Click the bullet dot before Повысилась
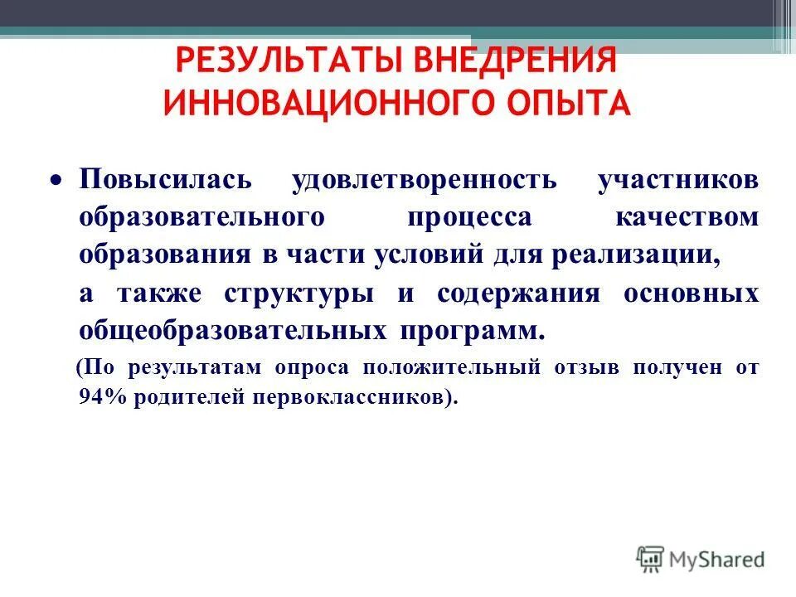tap(56, 181)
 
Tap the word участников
tap(677, 181)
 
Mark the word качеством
tap(687, 217)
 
